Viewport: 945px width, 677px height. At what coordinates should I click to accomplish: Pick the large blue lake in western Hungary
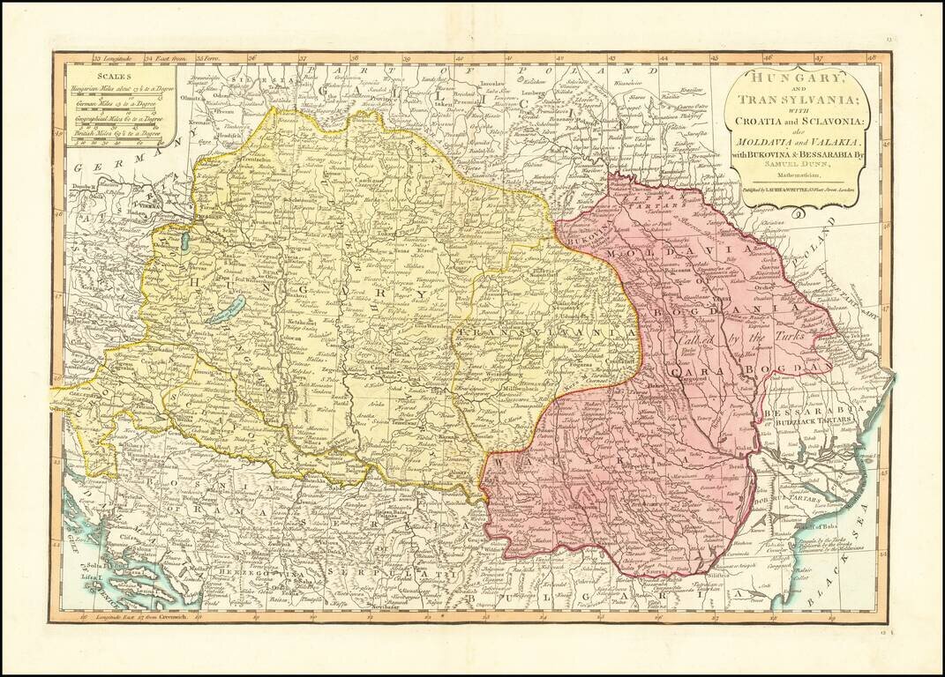(226, 309)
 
